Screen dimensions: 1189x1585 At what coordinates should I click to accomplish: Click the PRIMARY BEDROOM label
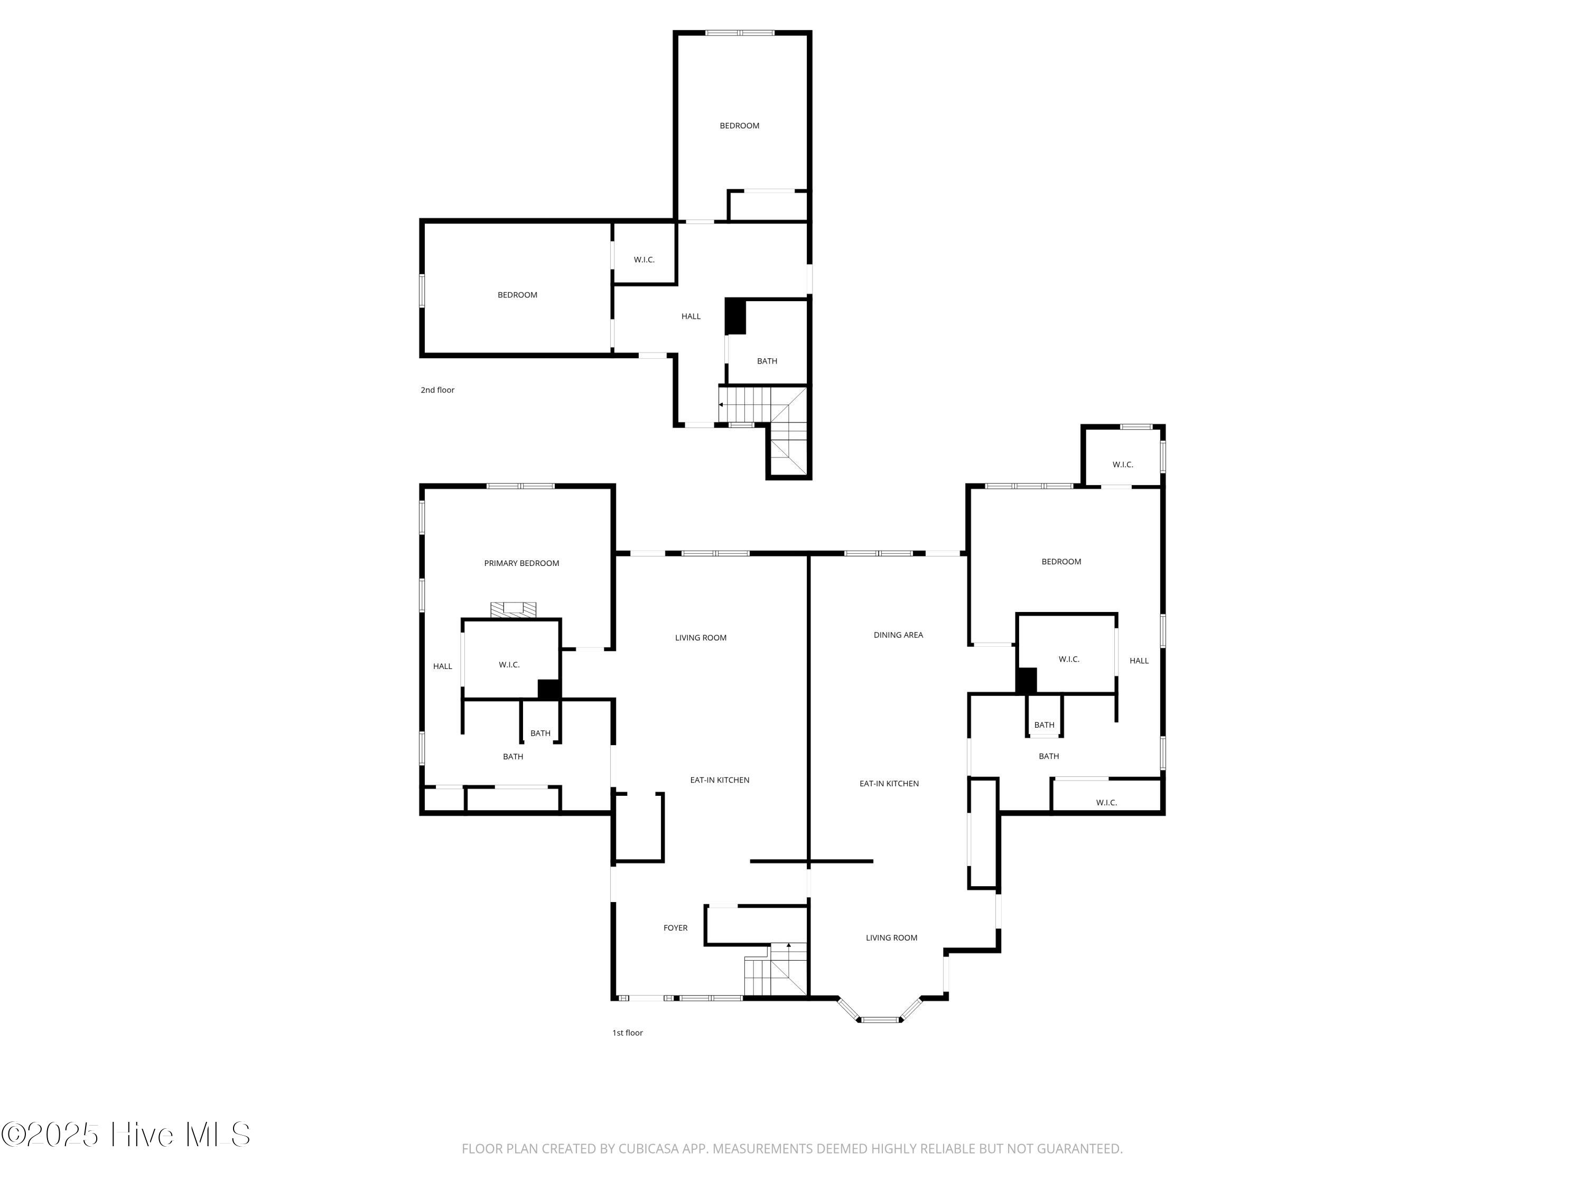point(521,563)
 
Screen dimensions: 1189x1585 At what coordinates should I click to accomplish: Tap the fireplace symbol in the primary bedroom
point(513,610)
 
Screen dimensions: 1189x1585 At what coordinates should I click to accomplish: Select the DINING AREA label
point(898,635)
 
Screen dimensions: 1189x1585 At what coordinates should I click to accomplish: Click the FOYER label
point(675,928)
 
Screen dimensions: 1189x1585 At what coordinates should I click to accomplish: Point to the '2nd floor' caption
point(437,390)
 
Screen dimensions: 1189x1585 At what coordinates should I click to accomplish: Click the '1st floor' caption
point(627,1033)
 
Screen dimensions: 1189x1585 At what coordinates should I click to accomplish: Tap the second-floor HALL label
point(691,316)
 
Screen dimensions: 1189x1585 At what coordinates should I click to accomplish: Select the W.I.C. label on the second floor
point(644,259)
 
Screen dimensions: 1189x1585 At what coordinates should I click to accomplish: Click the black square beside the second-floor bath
point(735,316)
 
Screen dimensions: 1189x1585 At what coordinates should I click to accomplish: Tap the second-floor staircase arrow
point(721,405)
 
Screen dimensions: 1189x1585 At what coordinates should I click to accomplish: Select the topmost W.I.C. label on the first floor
point(1122,465)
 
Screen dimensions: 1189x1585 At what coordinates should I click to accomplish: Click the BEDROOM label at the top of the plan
point(739,125)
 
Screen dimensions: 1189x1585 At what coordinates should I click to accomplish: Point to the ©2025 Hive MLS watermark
point(125,1135)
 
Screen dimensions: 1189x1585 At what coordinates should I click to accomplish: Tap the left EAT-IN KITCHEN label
point(720,780)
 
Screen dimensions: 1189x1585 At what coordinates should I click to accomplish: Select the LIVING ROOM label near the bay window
point(891,937)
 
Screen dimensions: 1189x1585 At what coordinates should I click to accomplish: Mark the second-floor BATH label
point(767,361)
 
